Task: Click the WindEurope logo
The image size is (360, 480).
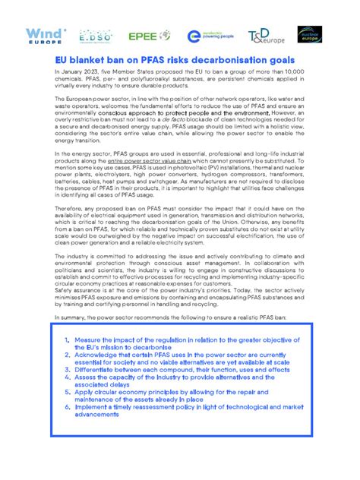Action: click(x=47, y=35)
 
